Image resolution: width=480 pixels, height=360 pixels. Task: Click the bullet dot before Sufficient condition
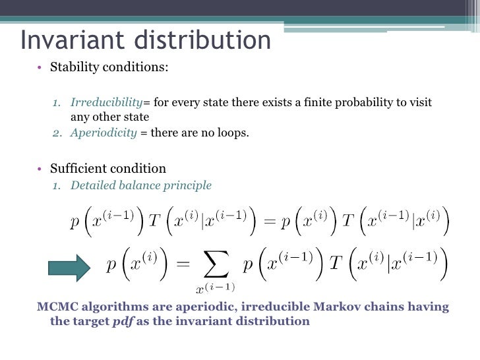(x=40, y=168)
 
